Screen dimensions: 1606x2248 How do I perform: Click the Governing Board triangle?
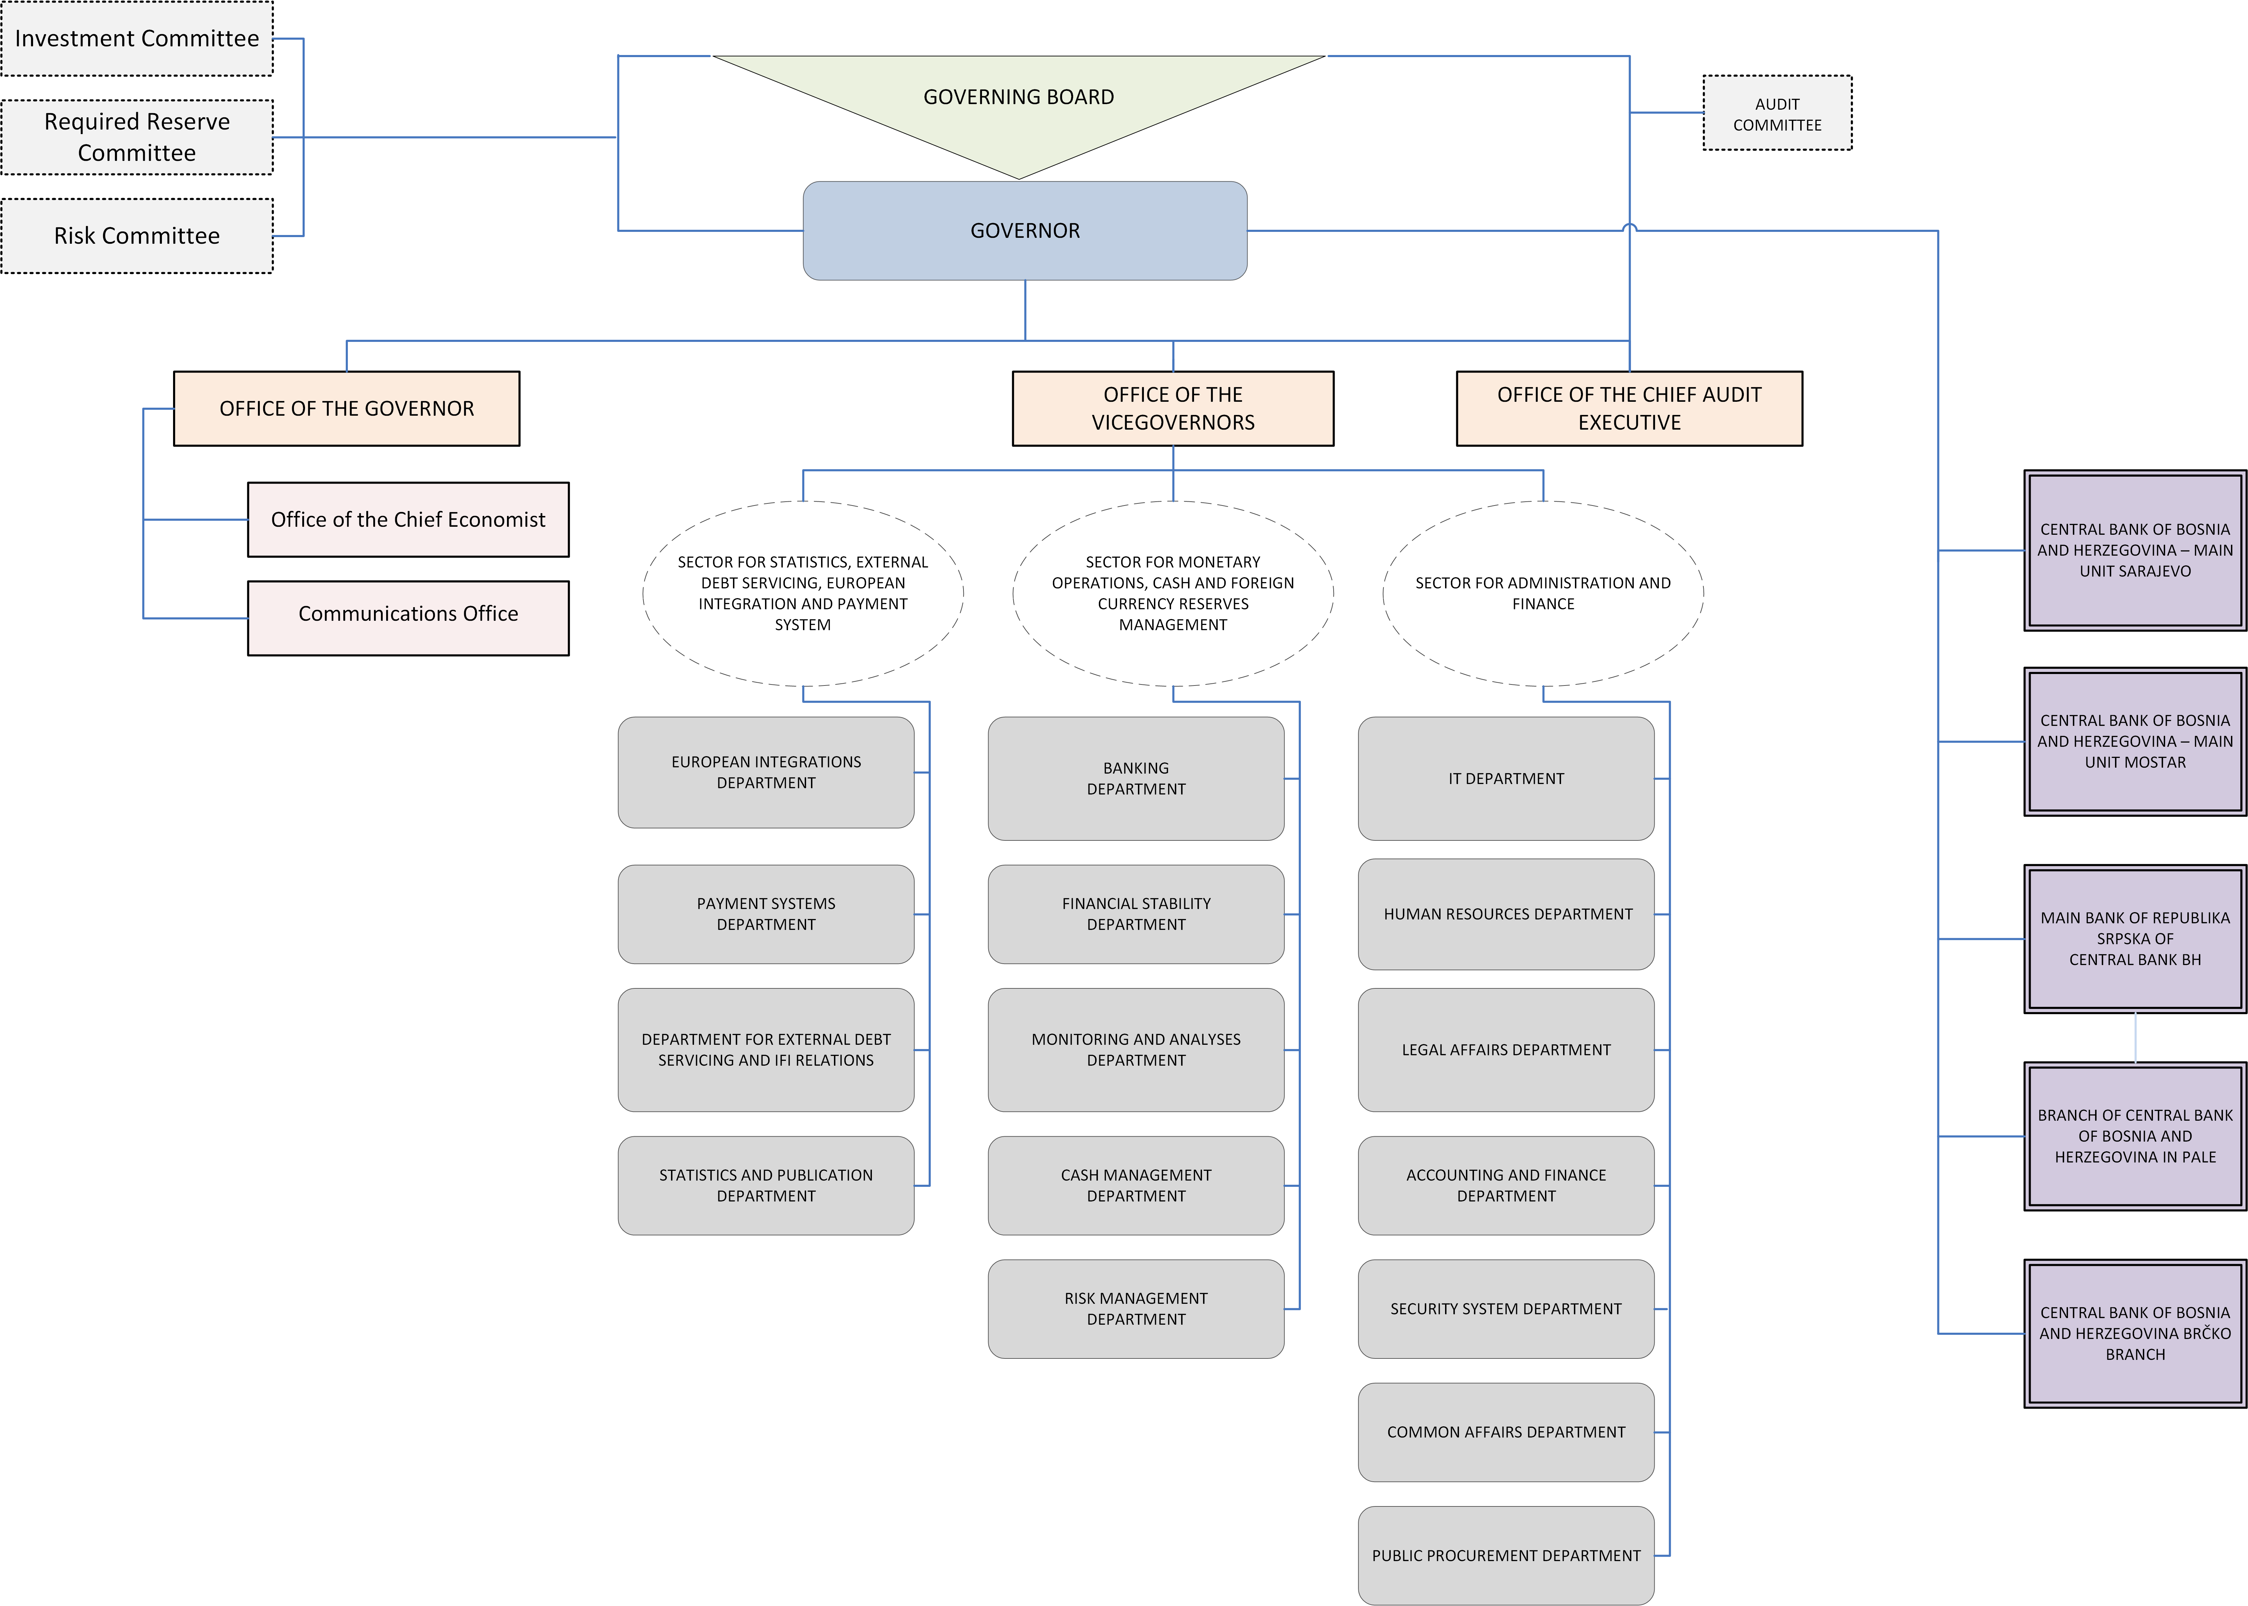[x=1019, y=99]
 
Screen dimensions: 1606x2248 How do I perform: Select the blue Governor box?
[x=1025, y=230]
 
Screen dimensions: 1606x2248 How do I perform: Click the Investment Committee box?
[x=136, y=39]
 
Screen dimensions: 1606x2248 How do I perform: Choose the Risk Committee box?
[x=136, y=235]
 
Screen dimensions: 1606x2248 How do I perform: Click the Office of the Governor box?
[x=346, y=408]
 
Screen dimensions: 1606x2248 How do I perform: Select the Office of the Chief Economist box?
[x=407, y=519]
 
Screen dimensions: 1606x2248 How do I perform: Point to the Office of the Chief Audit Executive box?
[x=1629, y=408]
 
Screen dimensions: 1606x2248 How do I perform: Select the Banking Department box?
[x=1135, y=778]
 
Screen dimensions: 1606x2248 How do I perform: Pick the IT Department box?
[x=1505, y=778]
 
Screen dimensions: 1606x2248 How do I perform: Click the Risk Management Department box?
[x=1135, y=1308]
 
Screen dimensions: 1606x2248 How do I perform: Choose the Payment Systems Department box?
[x=765, y=914]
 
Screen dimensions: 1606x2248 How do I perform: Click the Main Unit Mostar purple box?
[x=2134, y=742]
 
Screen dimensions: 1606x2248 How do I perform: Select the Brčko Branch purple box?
[x=2134, y=1333]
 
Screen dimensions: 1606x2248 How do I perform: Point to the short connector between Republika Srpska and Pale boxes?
[x=2135, y=1037]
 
